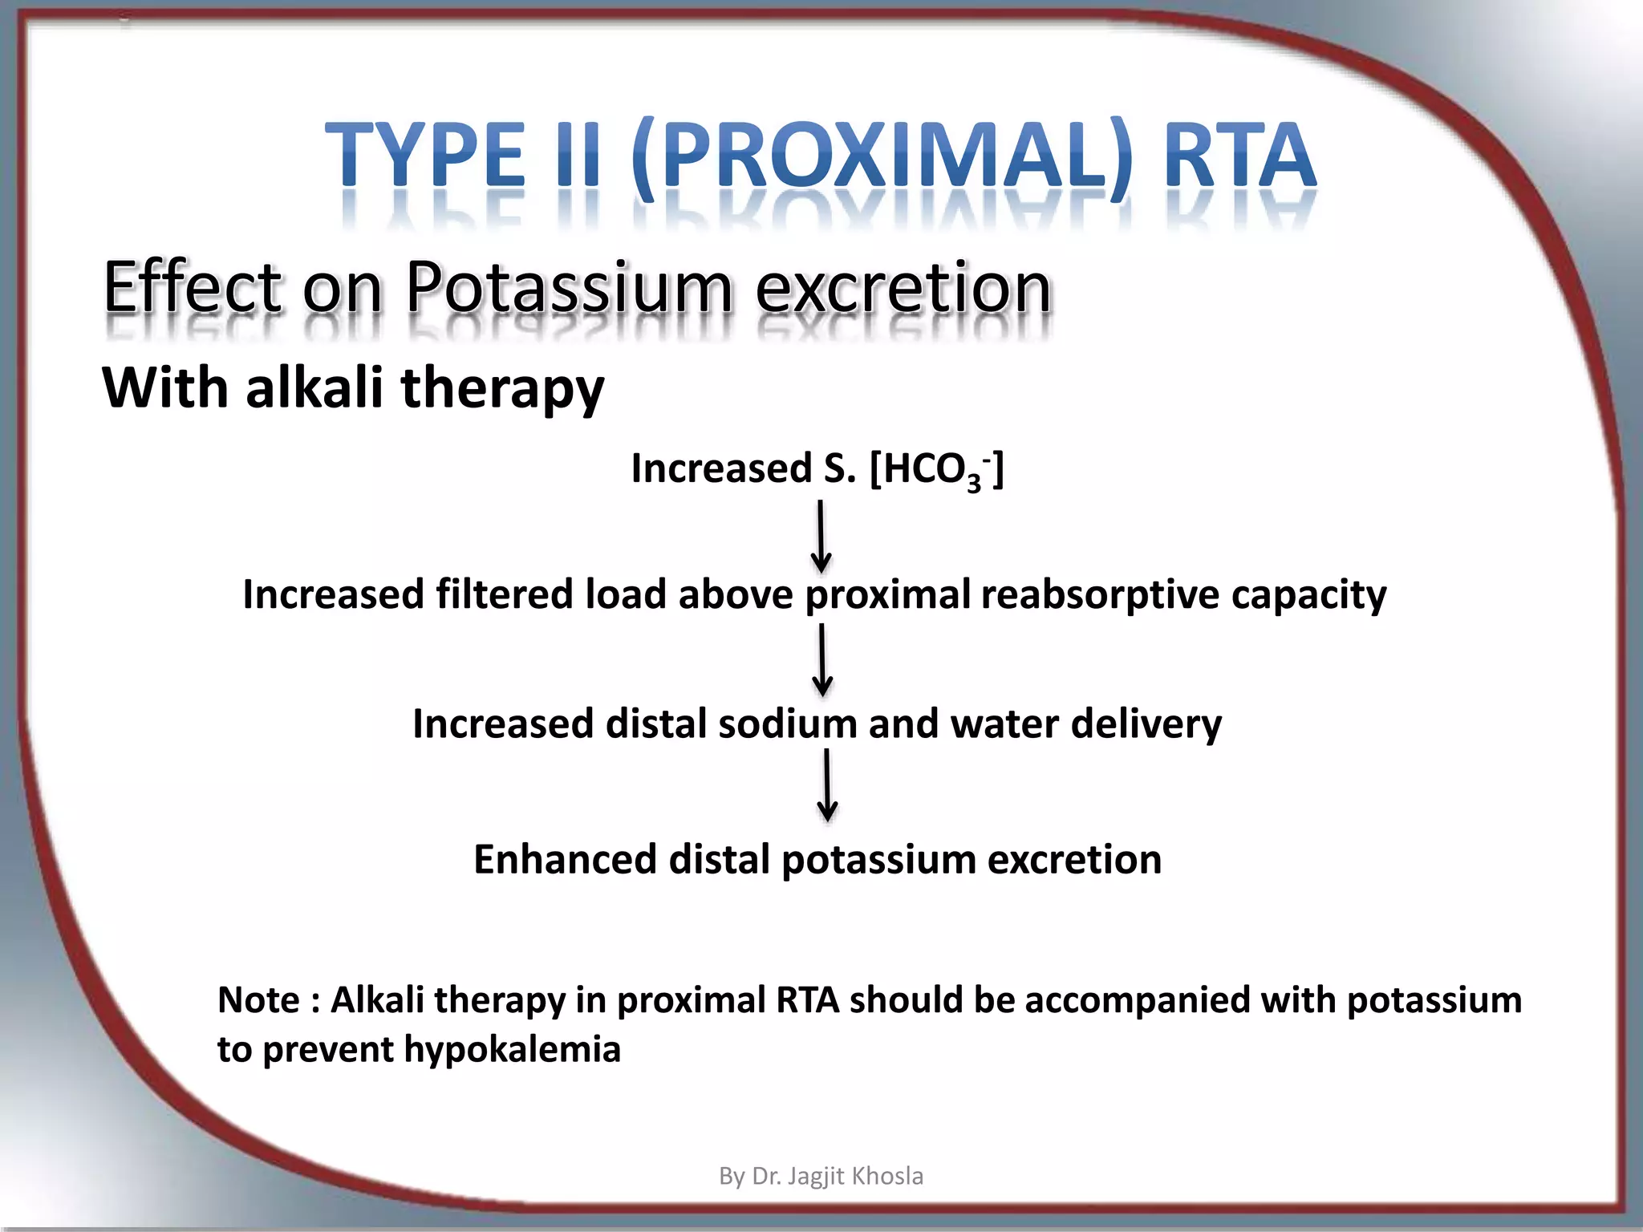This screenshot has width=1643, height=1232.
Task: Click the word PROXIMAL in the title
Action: [x=880, y=156]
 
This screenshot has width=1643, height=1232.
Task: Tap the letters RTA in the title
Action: [x=1239, y=156]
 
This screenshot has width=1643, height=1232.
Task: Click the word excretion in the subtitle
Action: [x=903, y=289]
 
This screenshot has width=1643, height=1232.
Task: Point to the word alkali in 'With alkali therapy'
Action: [x=314, y=388]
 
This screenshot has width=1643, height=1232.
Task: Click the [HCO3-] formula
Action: [x=936, y=469]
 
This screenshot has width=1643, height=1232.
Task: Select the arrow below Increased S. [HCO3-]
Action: [x=821, y=537]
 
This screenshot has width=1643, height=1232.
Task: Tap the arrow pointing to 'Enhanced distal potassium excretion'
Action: [x=827, y=785]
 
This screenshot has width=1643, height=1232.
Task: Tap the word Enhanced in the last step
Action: [x=566, y=859]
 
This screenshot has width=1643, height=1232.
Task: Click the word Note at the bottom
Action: [x=258, y=1000]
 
